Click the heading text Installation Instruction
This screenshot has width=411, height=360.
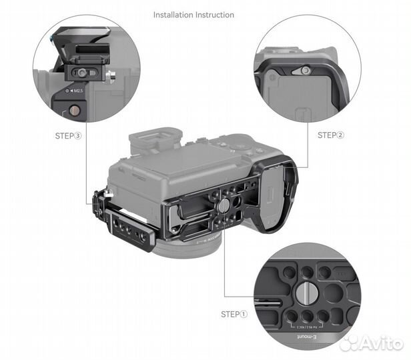point(194,14)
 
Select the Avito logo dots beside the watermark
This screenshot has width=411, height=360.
point(349,342)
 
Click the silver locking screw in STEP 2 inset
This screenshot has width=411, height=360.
point(305,70)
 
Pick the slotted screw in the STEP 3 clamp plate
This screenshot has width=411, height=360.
point(83,75)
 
